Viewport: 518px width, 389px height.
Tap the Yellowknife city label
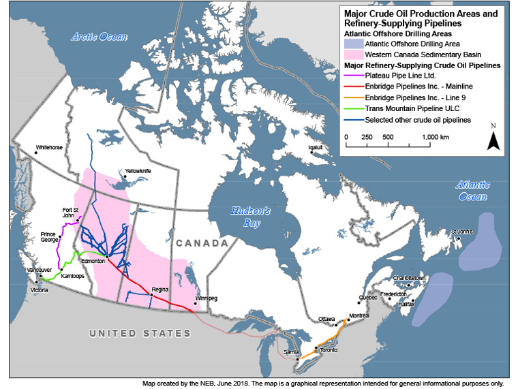click(x=138, y=171)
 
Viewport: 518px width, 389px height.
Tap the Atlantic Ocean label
click(x=472, y=190)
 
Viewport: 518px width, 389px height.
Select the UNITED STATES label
click(x=140, y=333)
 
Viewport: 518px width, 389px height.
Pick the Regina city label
click(x=159, y=290)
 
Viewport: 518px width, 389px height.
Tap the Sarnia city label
click(x=291, y=352)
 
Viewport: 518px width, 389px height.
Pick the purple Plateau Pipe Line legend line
click(x=352, y=75)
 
